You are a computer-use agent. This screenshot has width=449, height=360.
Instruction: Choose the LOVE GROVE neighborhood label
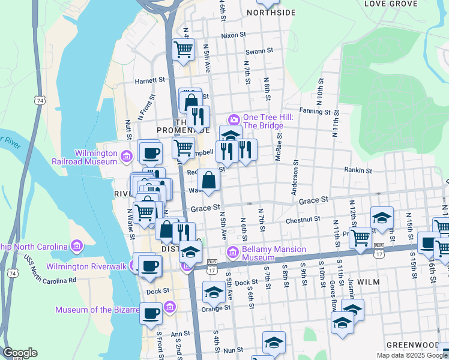pyautogui.click(x=390, y=4)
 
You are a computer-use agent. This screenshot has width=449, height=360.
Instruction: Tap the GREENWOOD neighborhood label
pyautogui.click(x=413, y=345)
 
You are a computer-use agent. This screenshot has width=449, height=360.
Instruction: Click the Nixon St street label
pyautogui.click(x=234, y=35)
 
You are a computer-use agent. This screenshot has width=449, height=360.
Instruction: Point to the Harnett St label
pyautogui.click(x=149, y=80)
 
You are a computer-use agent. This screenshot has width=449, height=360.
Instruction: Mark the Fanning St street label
pyautogui.click(x=316, y=111)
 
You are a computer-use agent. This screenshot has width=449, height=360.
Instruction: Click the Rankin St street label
pyautogui.click(x=358, y=170)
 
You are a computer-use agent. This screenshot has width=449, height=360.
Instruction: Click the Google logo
pyautogui.click(x=20, y=353)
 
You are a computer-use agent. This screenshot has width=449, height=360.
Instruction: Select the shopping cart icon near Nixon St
pyautogui.click(x=184, y=50)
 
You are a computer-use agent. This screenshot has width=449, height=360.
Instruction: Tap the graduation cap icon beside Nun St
pyautogui.click(x=274, y=342)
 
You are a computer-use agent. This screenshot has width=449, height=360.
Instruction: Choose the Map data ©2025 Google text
pyautogui.click(x=412, y=355)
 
